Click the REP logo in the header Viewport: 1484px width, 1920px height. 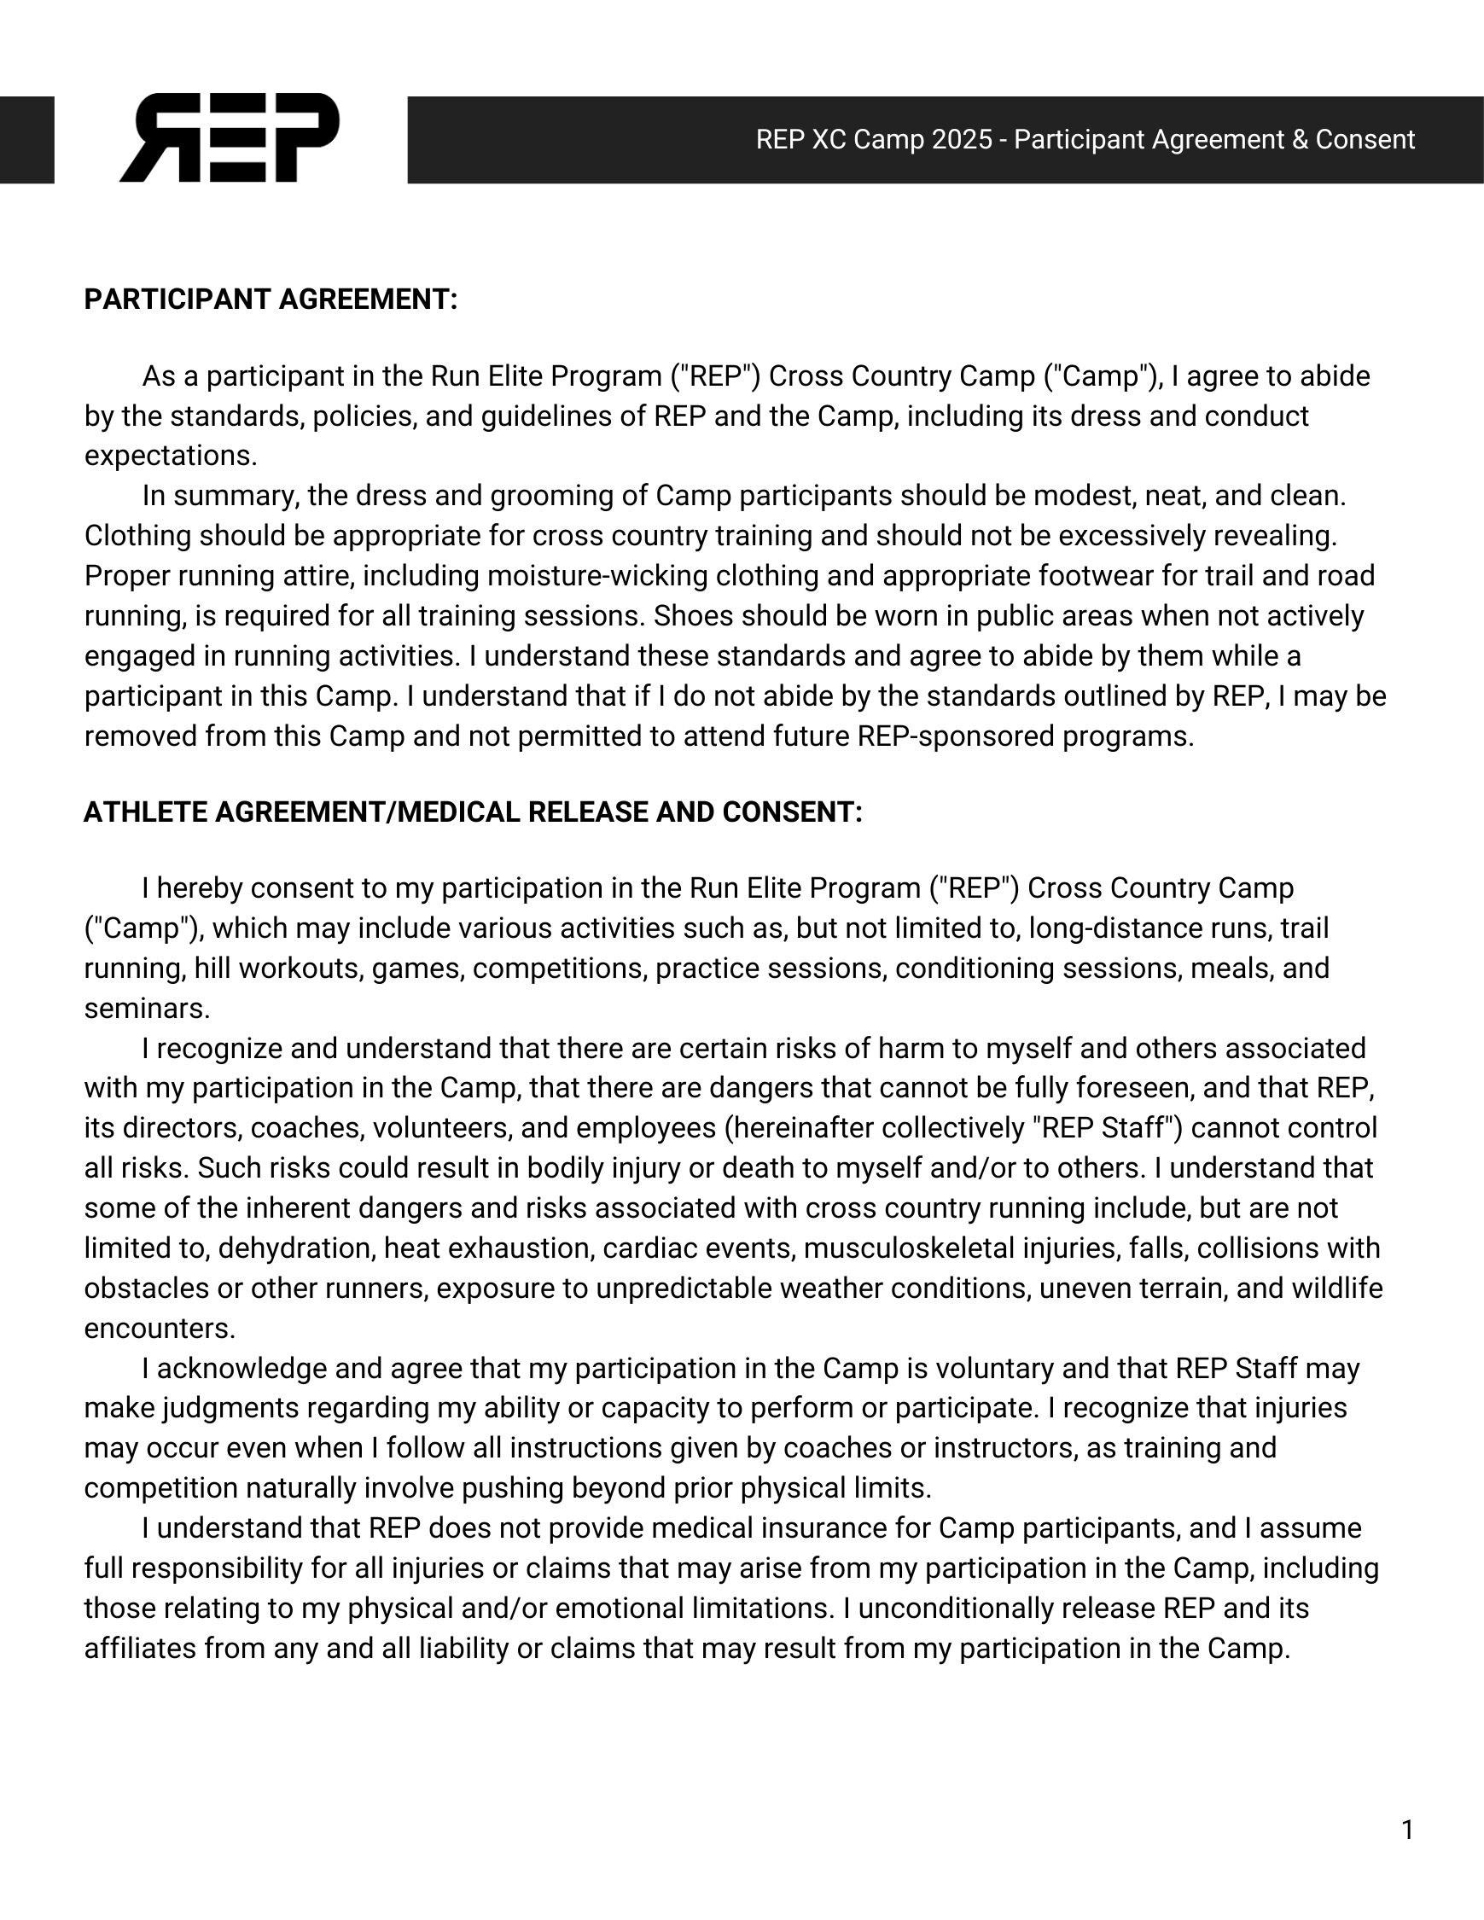pos(230,138)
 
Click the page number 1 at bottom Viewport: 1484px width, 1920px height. pos(1407,1830)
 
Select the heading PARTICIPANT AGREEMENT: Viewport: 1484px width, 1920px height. pos(271,300)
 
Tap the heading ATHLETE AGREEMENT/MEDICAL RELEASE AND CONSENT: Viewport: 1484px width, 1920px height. pos(473,812)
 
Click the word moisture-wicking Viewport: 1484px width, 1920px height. pos(594,576)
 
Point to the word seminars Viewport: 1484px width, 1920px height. pos(147,1009)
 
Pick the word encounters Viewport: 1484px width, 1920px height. pos(159,1329)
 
